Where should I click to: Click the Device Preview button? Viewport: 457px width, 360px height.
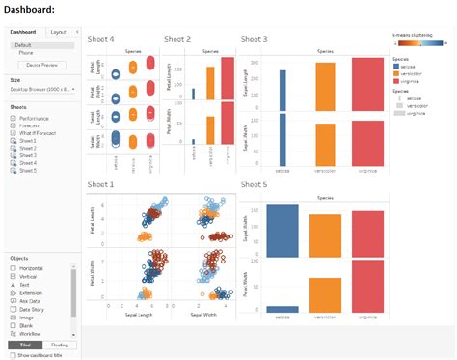click(40, 65)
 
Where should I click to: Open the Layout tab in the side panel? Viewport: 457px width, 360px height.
click(58, 32)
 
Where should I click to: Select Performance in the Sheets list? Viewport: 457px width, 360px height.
click(34, 118)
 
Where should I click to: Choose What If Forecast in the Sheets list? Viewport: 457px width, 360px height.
click(38, 133)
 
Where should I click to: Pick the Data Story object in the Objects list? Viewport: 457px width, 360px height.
click(32, 309)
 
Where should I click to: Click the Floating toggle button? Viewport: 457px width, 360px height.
click(58, 345)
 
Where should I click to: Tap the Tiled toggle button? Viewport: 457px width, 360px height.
click(25, 345)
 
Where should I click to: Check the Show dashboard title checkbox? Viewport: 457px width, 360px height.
click(12, 355)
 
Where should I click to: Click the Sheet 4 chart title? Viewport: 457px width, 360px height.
click(101, 39)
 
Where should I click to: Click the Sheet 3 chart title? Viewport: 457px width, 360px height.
click(255, 39)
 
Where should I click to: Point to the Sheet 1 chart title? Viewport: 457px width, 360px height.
click(101, 184)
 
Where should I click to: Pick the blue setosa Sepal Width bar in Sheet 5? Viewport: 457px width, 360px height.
click(282, 232)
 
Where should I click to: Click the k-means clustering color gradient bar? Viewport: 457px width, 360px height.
click(418, 43)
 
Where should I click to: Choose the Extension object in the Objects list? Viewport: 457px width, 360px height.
click(32, 293)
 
